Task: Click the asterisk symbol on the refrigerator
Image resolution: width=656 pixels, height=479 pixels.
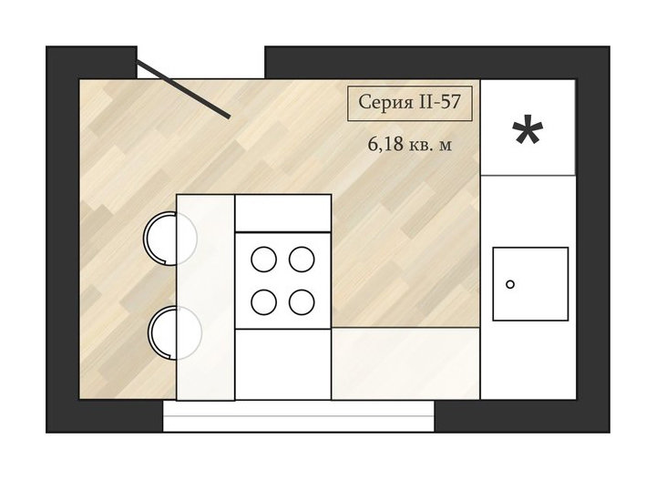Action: tap(528, 129)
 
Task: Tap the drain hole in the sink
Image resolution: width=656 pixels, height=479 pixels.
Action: tap(510, 285)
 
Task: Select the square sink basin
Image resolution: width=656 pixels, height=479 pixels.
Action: tap(530, 284)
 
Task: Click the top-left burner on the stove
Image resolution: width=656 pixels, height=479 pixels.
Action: tap(263, 260)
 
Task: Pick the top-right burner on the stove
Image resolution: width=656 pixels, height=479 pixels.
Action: tap(302, 260)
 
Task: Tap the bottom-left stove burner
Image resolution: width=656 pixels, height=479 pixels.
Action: tap(263, 301)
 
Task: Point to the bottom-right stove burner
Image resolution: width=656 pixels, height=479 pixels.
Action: tap(302, 301)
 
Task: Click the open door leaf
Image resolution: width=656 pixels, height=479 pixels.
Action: tap(183, 89)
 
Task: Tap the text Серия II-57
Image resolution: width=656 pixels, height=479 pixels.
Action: tap(410, 102)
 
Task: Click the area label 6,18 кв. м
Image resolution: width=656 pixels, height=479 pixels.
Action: tap(410, 144)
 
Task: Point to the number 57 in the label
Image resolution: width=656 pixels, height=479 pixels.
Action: tap(450, 102)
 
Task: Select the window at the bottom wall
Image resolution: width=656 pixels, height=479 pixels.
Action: tap(298, 416)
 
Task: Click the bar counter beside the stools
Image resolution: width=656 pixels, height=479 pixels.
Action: tap(205, 297)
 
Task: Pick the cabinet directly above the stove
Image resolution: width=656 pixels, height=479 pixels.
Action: tap(283, 213)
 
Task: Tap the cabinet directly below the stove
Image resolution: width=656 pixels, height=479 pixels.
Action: tap(283, 364)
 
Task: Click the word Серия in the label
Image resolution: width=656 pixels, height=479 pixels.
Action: tap(380, 102)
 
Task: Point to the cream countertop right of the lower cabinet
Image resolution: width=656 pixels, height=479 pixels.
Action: tap(405, 363)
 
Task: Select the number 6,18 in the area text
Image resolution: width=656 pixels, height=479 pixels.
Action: tap(385, 144)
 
